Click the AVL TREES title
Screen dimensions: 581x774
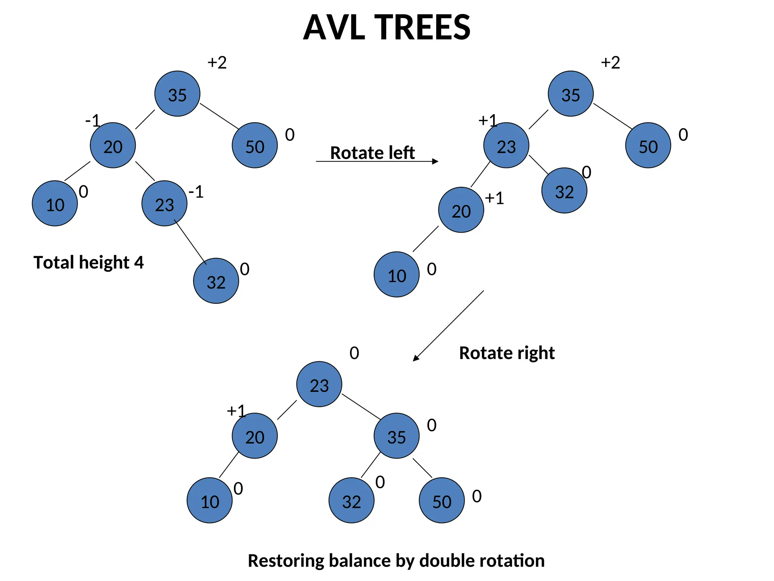click(387, 27)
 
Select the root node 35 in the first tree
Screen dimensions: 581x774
click(177, 94)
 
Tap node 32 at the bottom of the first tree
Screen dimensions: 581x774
click(216, 281)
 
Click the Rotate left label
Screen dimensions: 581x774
click(372, 153)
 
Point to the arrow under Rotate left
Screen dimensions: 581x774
click(377, 162)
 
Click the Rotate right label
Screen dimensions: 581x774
click(506, 353)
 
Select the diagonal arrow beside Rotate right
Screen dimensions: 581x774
click(449, 326)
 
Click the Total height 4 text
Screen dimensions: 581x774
click(88, 263)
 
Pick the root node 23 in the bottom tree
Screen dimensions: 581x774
click(319, 384)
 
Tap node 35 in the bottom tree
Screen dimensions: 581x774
click(396, 436)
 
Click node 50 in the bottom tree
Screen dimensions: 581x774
click(441, 500)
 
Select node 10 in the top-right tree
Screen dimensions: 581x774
click(396, 275)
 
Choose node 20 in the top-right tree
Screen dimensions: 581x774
click(461, 210)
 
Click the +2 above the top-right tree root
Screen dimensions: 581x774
click(610, 63)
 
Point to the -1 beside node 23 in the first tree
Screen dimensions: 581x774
click(196, 192)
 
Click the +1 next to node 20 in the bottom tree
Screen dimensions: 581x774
click(236, 411)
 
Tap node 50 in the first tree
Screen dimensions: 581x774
click(255, 146)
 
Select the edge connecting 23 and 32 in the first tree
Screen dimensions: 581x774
click(190, 242)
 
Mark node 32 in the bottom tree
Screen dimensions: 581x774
click(351, 500)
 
